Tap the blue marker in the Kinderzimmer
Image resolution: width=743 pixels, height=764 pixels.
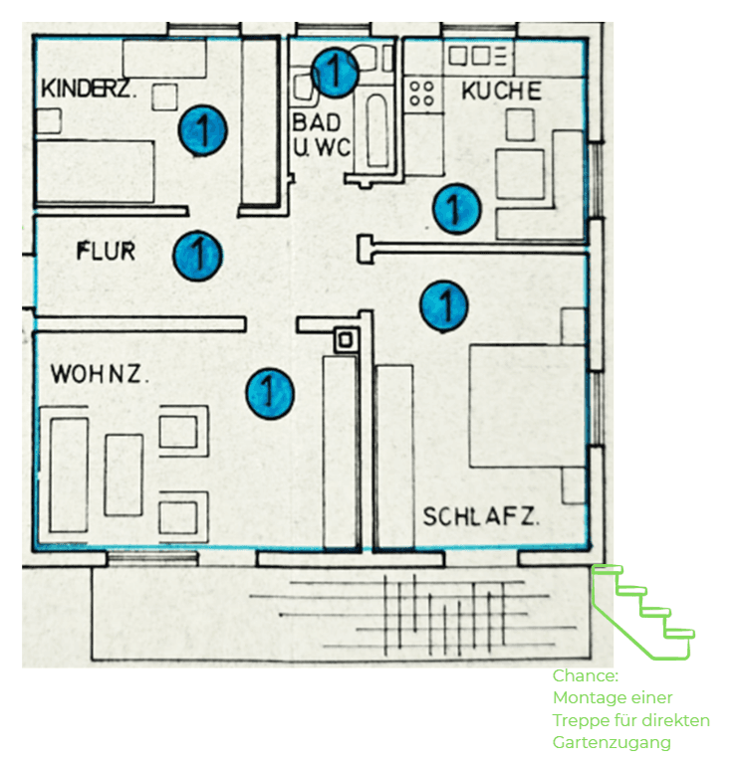(203, 129)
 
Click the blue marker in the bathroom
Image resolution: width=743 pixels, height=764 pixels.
(335, 72)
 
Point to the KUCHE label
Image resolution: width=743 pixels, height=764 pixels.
(501, 92)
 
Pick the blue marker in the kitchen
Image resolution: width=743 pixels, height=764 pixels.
(456, 209)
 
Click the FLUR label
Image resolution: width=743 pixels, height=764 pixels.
(106, 251)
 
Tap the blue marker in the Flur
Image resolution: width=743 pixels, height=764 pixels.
(197, 255)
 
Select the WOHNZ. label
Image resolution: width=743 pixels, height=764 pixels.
(100, 376)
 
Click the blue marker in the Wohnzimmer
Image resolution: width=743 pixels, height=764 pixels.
(270, 392)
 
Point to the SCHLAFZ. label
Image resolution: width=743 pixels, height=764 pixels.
(481, 517)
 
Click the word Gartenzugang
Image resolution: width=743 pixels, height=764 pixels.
(612, 742)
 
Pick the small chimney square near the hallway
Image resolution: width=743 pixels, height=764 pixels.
(346, 339)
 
